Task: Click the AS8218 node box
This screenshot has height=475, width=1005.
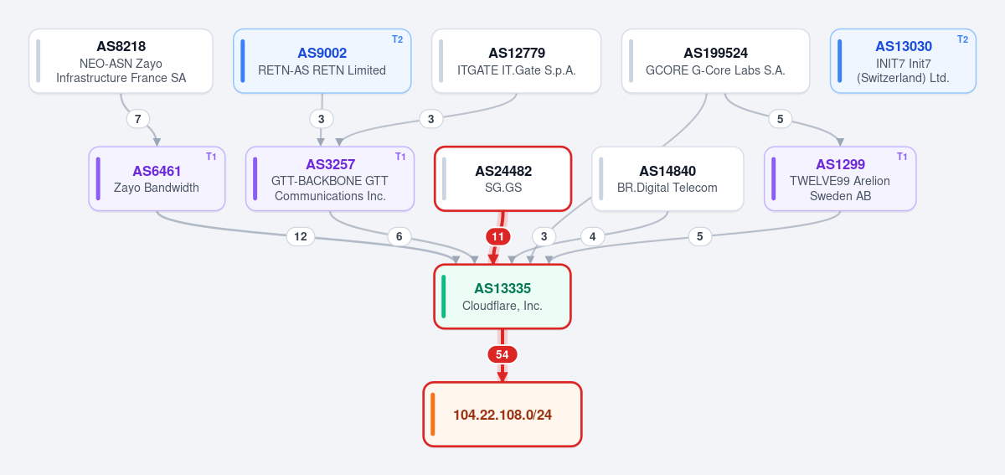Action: click(121, 61)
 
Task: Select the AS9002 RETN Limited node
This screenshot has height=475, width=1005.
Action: click(322, 61)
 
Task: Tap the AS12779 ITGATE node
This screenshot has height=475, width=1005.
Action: click(517, 61)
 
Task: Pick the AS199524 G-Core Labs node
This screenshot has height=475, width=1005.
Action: click(715, 61)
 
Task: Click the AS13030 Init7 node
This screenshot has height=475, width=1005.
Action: click(903, 61)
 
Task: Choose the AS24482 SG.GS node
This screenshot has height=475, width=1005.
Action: click(503, 178)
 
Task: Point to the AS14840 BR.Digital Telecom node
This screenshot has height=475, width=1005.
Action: click(667, 178)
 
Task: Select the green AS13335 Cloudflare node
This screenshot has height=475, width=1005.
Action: click(502, 297)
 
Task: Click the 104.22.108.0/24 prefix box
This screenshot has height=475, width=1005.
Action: click(502, 415)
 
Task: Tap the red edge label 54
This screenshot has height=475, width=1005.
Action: click(502, 354)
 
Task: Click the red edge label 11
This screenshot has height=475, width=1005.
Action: click(498, 236)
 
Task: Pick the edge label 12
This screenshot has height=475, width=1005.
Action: click(301, 236)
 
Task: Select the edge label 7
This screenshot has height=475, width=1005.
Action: click(138, 119)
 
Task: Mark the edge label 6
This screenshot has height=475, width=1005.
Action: click(399, 236)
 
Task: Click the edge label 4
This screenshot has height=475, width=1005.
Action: click(593, 236)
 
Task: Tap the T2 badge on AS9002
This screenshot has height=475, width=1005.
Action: click(398, 39)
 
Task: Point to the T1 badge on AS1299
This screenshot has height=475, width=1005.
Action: click(902, 157)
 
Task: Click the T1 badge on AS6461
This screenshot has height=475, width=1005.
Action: click(211, 157)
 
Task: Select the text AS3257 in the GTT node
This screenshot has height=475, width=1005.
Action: click(331, 164)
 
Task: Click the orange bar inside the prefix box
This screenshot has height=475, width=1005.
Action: click(432, 415)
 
